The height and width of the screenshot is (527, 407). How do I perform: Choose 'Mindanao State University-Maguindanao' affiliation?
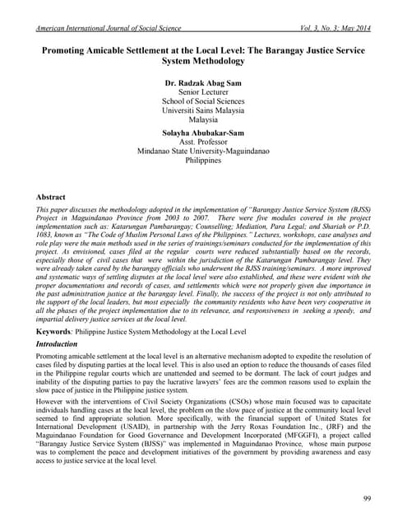pos(204,153)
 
